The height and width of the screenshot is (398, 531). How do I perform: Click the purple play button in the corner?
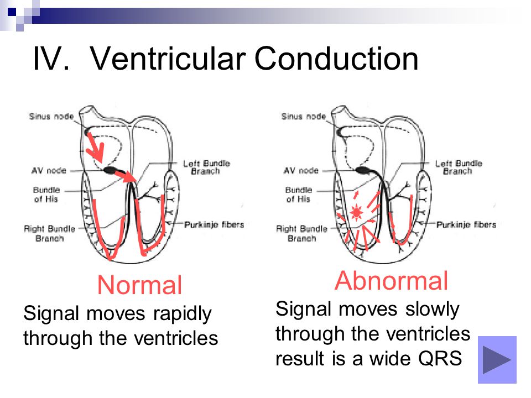[x=497, y=359]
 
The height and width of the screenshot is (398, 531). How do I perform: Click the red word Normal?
[x=139, y=285]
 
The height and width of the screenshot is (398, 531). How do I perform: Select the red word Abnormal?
[x=391, y=281]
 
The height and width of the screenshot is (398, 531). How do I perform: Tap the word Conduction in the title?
[x=336, y=59]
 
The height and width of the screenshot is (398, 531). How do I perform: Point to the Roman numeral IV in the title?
[x=51, y=59]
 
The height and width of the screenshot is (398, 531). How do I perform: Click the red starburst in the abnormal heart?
[x=356, y=212]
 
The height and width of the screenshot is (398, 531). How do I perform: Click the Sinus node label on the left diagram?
[x=51, y=117]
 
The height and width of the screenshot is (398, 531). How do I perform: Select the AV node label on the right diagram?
[x=301, y=170]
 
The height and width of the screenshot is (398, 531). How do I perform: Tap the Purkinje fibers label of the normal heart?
[x=214, y=224]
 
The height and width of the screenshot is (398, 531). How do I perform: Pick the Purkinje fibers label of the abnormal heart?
[x=466, y=224]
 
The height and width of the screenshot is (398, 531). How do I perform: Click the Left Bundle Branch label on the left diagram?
[x=206, y=167]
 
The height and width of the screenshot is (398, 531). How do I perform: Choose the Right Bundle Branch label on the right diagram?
[x=302, y=233]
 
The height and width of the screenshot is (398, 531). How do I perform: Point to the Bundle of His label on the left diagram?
[x=46, y=194]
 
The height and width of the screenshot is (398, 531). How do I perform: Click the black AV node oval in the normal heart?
[x=110, y=170]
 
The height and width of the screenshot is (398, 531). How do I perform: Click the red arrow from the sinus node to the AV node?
[x=95, y=147]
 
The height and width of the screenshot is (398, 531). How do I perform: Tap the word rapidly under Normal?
[x=182, y=314]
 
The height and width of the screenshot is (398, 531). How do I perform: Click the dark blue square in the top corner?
[x=12, y=12]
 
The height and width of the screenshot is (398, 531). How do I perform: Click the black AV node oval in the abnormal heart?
[x=363, y=170]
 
